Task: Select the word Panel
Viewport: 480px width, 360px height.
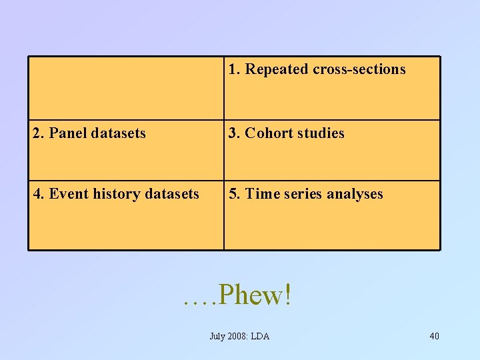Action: (x=66, y=133)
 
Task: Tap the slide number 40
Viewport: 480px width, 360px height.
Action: (x=434, y=336)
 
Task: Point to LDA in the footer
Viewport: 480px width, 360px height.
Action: (x=260, y=336)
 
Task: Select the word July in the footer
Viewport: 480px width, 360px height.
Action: (x=217, y=336)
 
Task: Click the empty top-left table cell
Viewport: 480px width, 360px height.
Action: (x=125, y=87)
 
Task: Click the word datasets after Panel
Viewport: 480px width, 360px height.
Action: (x=118, y=133)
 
